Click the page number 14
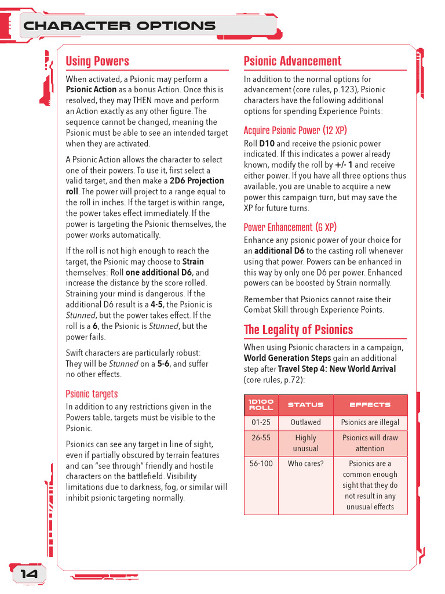tap(29, 574)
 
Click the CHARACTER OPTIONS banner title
tap(119, 26)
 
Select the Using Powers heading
tap(97, 61)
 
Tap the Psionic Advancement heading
tap(293, 61)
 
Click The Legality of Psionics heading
tap(298, 329)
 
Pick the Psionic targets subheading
tap(92, 394)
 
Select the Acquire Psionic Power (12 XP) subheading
tap(295, 131)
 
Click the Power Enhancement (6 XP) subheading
tap(290, 227)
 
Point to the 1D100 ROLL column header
tap(261, 405)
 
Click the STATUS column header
tap(305, 405)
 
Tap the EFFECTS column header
tap(370, 405)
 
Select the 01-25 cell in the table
tap(261, 422)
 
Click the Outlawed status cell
tap(305, 422)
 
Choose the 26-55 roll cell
tap(261, 438)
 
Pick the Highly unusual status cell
tap(305, 443)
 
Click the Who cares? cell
tap(305, 463)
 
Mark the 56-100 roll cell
tap(261, 463)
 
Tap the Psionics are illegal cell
tap(370, 422)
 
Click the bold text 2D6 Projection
tap(197, 181)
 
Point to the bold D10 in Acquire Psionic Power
tap(267, 144)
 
